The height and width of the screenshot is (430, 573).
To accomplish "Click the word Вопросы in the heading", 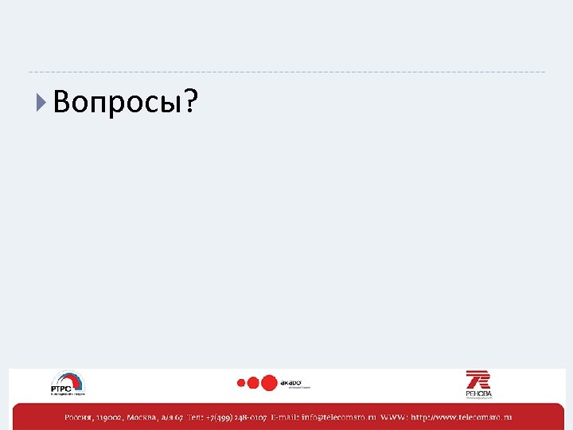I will tap(118, 102).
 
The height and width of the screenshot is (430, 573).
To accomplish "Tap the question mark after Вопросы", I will tap(192, 101).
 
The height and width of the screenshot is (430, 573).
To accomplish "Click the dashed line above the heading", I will tap(286, 72).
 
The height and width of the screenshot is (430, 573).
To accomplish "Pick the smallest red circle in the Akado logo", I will tap(240, 383).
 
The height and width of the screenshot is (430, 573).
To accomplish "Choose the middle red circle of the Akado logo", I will tap(253, 383).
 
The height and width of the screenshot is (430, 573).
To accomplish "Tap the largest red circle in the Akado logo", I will tap(269, 382).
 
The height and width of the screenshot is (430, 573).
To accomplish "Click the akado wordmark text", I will tap(292, 381).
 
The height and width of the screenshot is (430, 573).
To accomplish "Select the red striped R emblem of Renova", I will tap(478, 379).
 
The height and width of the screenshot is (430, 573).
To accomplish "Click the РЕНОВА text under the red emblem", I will tap(479, 393).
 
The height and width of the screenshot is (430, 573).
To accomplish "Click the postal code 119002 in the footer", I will tap(111, 417).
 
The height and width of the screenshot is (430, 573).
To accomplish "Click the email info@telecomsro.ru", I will tap(339, 417).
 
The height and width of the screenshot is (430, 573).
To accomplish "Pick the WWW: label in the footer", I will tap(394, 417).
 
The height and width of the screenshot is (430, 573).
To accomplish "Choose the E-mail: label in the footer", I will tap(285, 417).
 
